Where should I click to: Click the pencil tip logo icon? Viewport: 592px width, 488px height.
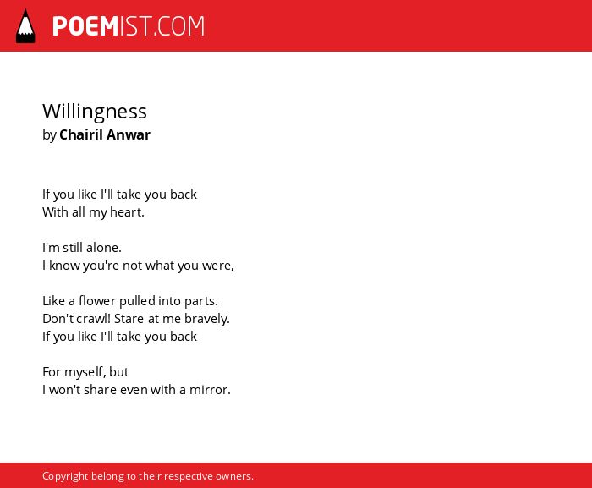[25, 26]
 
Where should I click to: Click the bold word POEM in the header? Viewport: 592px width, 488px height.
[85, 26]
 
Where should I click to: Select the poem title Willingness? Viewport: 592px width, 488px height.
[95, 112]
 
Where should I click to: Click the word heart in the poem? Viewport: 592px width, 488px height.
[127, 212]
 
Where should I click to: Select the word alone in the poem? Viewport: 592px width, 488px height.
[104, 248]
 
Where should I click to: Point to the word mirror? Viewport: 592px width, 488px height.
[210, 389]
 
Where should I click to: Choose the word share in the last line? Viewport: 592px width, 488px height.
[99, 389]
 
